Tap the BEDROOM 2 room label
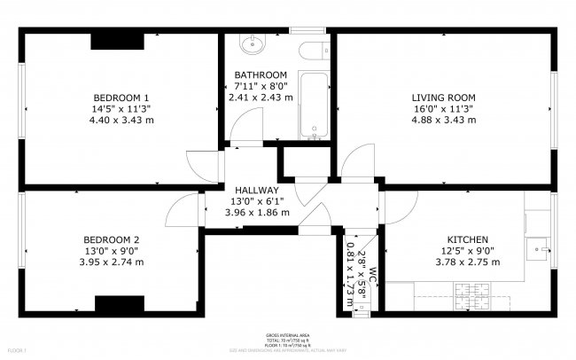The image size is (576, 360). [111, 239]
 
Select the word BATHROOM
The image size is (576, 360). [261, 74]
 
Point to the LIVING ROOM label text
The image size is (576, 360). [443, 98]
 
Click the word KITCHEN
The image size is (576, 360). [466, 239]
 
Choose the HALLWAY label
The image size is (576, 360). [257, 190]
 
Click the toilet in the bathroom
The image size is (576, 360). [309, 54]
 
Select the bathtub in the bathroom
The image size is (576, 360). [313, 106]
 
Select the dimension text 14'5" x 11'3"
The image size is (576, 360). [121, 109]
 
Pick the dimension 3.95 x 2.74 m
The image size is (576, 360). [111, 262]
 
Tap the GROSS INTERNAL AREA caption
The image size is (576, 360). [287, 336]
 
